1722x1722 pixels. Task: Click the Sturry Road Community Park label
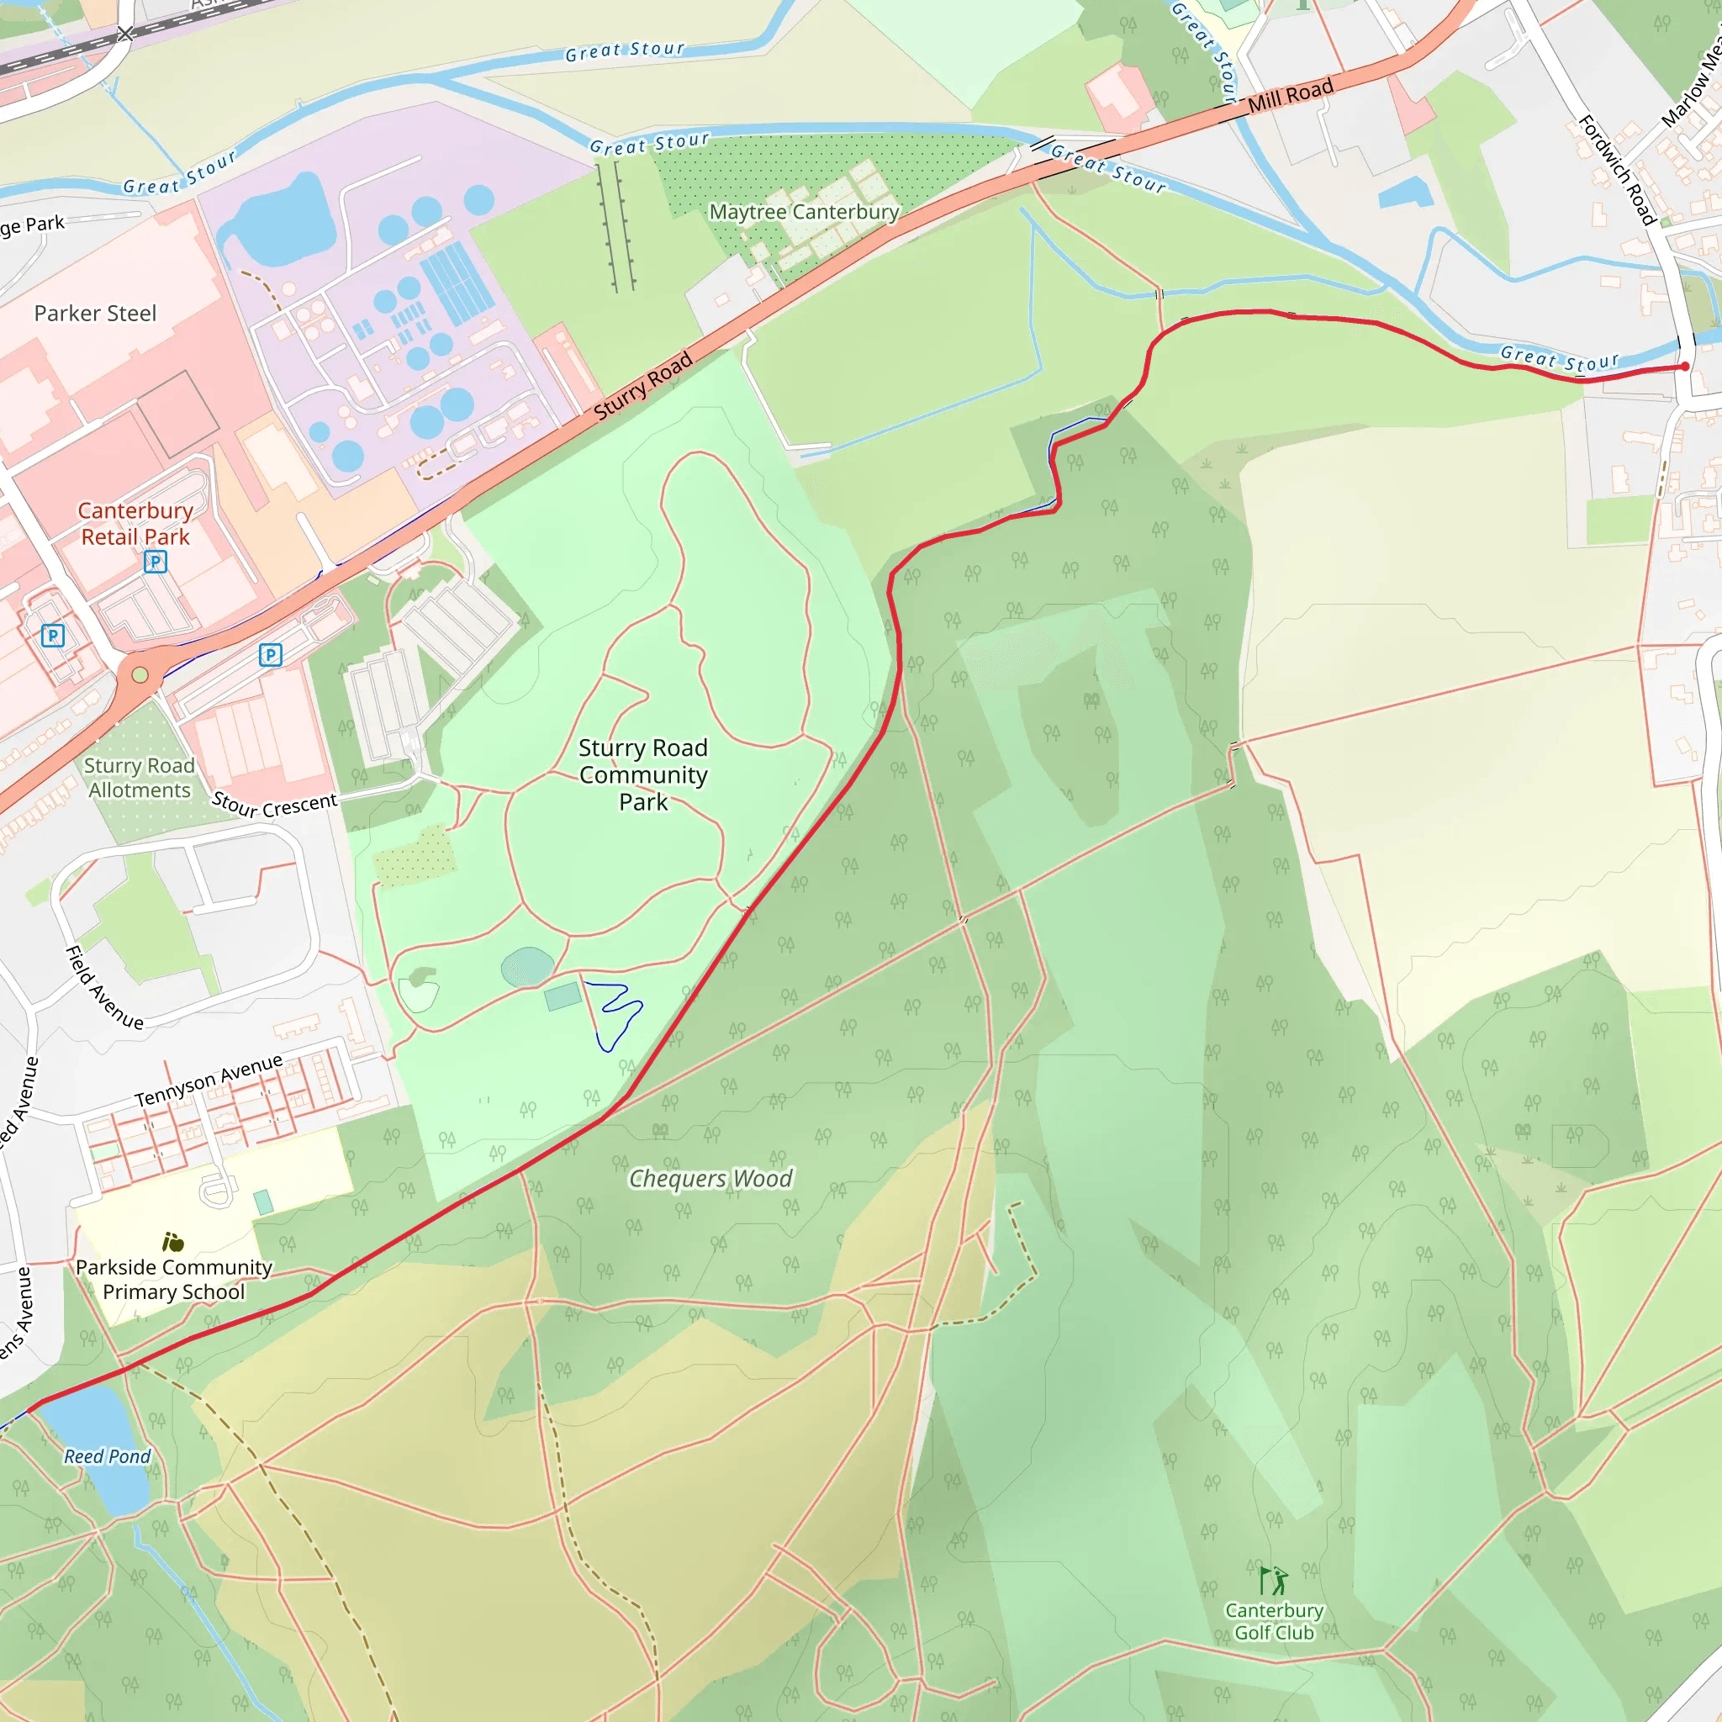point(642,774)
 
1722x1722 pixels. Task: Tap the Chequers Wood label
point(710,1178)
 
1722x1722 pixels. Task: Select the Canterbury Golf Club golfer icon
point(1274,1580)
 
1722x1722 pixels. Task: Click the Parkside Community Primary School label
point(174,1279)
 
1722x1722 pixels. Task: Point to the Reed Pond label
point(107,1456)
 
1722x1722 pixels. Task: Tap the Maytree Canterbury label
point(803,212)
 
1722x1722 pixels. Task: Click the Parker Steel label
point(95,314)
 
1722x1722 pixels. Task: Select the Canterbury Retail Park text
point(135,523)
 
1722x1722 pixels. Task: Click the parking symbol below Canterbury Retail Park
point(155,562)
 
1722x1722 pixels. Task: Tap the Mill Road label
point(1290,95)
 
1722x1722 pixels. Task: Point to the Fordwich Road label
point(1617,169)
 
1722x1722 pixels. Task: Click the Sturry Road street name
point(642,385)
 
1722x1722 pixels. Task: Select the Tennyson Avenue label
point(209,1080)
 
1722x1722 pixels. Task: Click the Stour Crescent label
point(274,805)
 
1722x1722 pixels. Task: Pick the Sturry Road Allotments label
point(139,777)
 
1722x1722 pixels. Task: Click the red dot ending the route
point(1684,367)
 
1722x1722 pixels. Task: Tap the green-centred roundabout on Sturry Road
point(140,674)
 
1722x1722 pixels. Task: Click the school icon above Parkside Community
point(173,1242)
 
